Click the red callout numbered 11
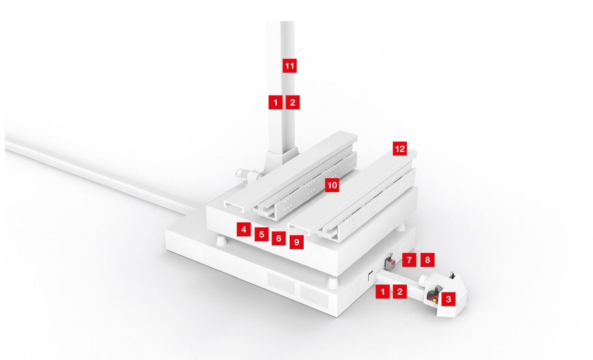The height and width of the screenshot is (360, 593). tap(289, 66)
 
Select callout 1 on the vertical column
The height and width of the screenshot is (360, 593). tap(275, 102)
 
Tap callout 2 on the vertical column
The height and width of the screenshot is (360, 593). tap(293, 102)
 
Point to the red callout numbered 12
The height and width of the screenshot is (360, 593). tap(400, 149)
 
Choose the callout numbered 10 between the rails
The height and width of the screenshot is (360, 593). tap(332, 185)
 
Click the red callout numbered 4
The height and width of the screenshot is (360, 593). tap(243, 229)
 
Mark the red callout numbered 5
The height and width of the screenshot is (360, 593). tap(262, 234)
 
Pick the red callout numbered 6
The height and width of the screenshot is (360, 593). tap(279, 238)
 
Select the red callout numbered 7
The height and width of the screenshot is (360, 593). tap(409, 260)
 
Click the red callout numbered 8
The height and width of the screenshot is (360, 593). tap(427, 260)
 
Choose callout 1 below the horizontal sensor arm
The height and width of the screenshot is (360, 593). tap(382, 292)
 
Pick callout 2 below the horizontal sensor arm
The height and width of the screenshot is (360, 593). tap(399, 292)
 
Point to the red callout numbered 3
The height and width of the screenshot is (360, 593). tap(448, 299)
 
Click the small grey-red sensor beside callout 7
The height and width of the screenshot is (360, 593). tap(389, 265)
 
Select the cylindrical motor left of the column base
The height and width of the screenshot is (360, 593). tap(245, 176)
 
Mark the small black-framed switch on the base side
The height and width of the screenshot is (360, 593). tap(369, 277)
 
